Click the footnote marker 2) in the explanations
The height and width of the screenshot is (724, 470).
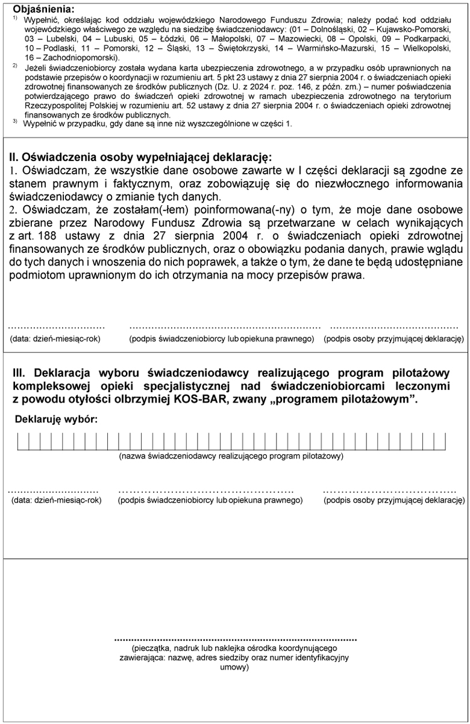tap(14, 66)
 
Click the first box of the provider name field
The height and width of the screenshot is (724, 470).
tap(22, 442)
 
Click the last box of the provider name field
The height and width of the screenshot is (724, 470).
tap(440, 442)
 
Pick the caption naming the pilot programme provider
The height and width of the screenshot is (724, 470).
tap(231, 456)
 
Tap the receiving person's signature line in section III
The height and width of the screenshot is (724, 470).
tap(389, 490)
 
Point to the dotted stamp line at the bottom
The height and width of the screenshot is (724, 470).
tap(235, 638)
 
